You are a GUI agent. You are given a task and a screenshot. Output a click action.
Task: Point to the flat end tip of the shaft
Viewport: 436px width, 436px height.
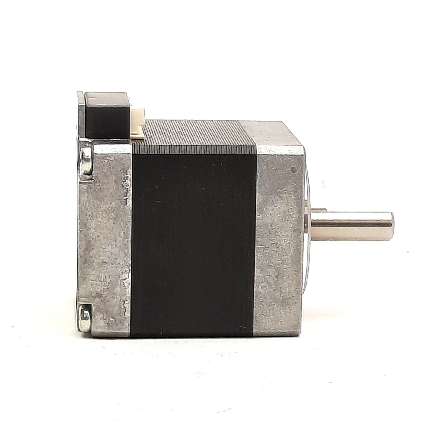[x=391, y=225]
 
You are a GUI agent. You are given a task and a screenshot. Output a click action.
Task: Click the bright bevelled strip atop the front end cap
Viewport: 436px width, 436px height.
[x=279, y=149]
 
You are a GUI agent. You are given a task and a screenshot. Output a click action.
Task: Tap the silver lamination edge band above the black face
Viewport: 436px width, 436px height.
[x=193, y=148]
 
